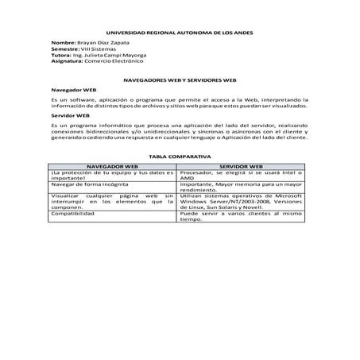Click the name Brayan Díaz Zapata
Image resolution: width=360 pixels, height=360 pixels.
pyautogui.click(x=105, y=42)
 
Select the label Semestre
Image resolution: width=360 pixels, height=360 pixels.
pyautogui.click(x=66, y=48)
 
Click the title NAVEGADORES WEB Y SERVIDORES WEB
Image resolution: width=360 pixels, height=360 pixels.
pyautogui.click(x=180, y=80)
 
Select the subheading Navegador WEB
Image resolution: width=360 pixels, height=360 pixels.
pyautogui.click(x=73, y=92)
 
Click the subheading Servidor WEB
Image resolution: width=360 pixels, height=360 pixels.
pyautogui.click(x=69, y=115)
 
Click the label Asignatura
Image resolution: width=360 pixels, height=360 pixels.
pyautogui.click(x=67, y=60)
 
